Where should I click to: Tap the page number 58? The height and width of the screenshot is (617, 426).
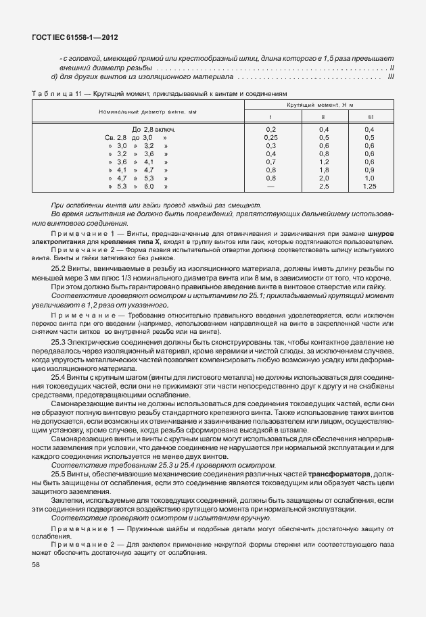(x=36, y=565)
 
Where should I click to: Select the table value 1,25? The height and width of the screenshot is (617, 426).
(x=369, y=186)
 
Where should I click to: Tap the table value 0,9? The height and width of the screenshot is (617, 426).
(x=369, y=170)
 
